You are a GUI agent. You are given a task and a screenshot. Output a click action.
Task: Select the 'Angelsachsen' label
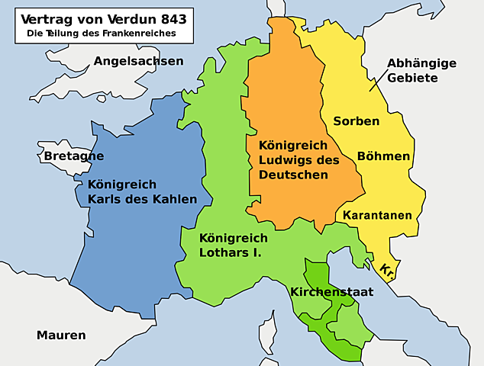tap(138, 61)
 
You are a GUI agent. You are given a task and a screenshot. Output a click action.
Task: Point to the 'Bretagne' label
tap(73, 156)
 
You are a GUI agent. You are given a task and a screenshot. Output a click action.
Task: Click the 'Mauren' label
tap(61, 335)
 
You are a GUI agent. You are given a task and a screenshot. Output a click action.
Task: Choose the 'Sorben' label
tap(357, 122)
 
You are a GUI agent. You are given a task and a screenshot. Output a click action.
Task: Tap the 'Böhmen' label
tap(383, 156)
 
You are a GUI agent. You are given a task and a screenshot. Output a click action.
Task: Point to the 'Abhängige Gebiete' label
tap(421, 71)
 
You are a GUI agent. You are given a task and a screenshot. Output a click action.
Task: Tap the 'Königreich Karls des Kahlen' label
tap(142, 192)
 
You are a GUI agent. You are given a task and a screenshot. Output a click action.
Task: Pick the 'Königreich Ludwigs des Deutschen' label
tap(298, 160)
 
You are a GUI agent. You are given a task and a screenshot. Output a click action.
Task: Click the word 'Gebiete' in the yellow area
tap(412, 79)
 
